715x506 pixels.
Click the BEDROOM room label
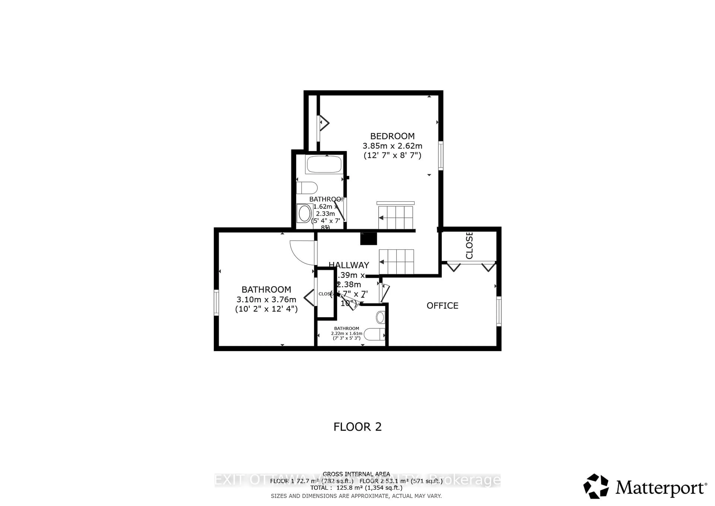(x=392, y=136)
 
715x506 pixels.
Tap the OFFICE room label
(x=442, y=306)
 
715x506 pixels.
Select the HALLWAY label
(x=349, y=265)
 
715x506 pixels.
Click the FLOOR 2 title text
(x=357, y=427)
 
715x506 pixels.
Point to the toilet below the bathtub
(x=307, y=188)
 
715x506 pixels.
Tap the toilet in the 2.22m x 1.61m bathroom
(x=375, y=334)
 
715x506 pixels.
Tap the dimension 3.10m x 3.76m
(x=266, y=299)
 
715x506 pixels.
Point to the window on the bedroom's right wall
(x=441, y=156)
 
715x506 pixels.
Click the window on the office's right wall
(x=499, y=311)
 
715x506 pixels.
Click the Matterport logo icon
(x=596, y=487)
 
